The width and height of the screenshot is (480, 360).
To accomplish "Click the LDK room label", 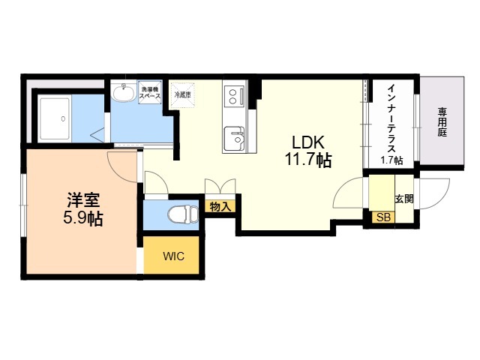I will coord(307,142).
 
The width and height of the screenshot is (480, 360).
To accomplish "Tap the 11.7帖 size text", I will coord(307,160).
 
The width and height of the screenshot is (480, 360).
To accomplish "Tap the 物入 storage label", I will coord(220,205).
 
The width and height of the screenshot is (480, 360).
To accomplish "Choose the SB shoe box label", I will coord(383,217).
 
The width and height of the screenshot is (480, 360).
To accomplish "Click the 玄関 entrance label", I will coord(405,199).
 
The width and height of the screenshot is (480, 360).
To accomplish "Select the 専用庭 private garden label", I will coord(443,121).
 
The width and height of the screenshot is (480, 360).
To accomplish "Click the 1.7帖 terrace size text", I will coord(391,160).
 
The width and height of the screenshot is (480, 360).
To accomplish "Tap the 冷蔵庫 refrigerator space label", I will coord(182,95).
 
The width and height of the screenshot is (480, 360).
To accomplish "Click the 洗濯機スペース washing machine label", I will coord(149,93).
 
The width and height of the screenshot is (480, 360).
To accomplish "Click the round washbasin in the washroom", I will coord(124,93).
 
